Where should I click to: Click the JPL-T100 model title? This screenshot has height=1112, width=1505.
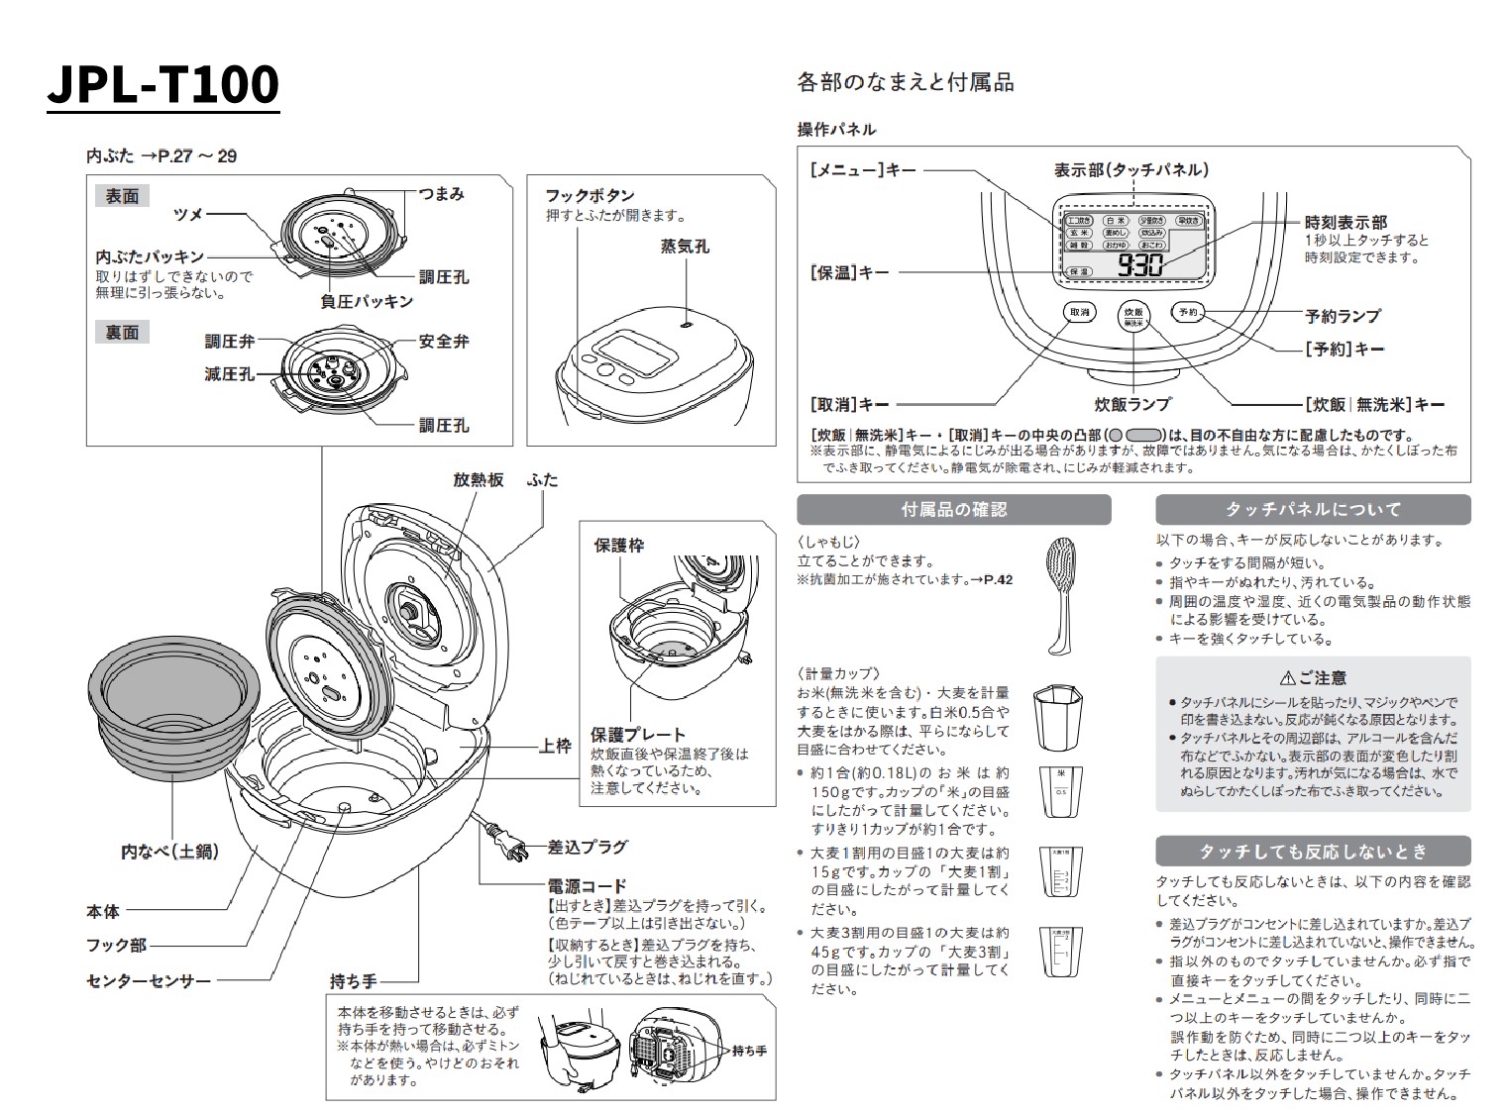163,85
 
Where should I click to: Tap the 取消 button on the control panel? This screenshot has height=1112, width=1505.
1080,312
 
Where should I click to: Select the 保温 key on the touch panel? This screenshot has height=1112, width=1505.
1077,271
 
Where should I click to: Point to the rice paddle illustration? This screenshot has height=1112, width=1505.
1063,594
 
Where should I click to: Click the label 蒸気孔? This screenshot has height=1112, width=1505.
685,247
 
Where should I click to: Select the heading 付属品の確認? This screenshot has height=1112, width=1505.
953,510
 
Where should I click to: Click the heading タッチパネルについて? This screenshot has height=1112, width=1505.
1313,510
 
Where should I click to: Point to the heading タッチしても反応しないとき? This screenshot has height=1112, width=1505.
1313,852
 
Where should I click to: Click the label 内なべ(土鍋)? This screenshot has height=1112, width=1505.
169,851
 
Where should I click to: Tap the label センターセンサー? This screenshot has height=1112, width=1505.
149,981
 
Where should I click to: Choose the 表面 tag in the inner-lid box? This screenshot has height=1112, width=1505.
122,197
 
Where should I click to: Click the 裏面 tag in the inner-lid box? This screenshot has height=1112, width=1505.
122,333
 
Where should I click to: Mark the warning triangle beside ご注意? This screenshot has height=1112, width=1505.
1287,678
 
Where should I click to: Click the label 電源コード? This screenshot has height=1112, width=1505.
587,886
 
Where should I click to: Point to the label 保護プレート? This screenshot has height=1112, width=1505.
638,735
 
